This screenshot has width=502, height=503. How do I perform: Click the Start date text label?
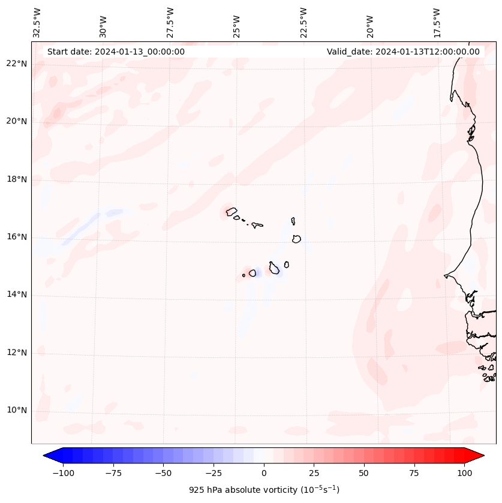116,52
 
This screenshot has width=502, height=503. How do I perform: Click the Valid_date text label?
403,52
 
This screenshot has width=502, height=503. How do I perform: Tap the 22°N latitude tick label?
17,64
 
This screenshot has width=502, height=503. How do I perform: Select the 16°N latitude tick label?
17,237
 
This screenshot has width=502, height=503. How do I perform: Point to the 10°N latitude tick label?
17,410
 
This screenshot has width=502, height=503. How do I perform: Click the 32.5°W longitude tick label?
37,22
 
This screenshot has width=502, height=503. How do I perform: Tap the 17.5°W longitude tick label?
437,22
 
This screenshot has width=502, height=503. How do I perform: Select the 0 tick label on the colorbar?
264,473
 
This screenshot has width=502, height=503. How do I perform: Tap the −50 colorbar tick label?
163,473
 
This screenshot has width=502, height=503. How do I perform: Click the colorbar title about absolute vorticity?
264,490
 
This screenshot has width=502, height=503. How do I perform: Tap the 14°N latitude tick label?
17,294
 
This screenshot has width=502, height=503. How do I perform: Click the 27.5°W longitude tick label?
170,22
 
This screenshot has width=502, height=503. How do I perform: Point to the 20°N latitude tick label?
17,121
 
